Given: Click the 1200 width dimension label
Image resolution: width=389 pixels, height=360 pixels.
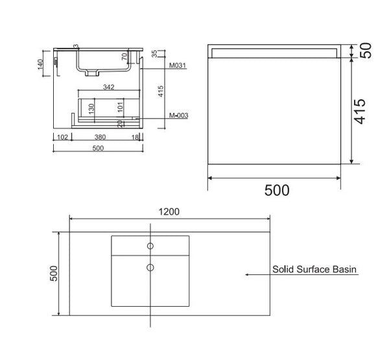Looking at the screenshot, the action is (169, 211).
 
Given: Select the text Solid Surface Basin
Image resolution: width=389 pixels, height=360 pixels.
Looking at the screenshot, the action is (314, 269).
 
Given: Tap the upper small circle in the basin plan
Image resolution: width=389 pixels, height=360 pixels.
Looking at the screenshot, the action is (150, 246).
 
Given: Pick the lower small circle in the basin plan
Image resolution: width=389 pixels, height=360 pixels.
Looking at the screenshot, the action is (150, 267).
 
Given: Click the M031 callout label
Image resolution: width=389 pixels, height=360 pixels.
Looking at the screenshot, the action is (178, 66).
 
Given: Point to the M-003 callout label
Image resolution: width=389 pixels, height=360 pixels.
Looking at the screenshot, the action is (179, 115).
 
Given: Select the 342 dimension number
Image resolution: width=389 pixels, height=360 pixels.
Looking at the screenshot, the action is (109, 87).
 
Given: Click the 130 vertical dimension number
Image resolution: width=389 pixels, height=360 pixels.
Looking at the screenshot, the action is (91, 109).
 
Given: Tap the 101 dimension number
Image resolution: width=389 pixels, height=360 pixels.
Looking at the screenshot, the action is (120, 107).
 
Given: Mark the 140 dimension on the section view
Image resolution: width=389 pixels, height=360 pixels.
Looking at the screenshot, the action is (40, 64).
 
